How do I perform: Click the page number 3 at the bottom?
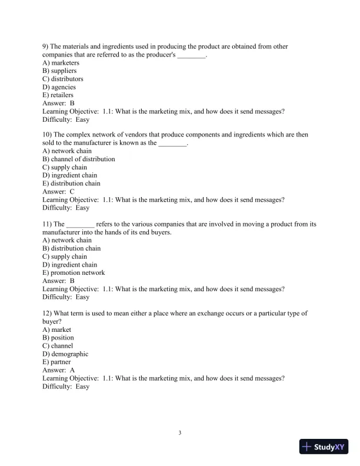click(x=180, y=434)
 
